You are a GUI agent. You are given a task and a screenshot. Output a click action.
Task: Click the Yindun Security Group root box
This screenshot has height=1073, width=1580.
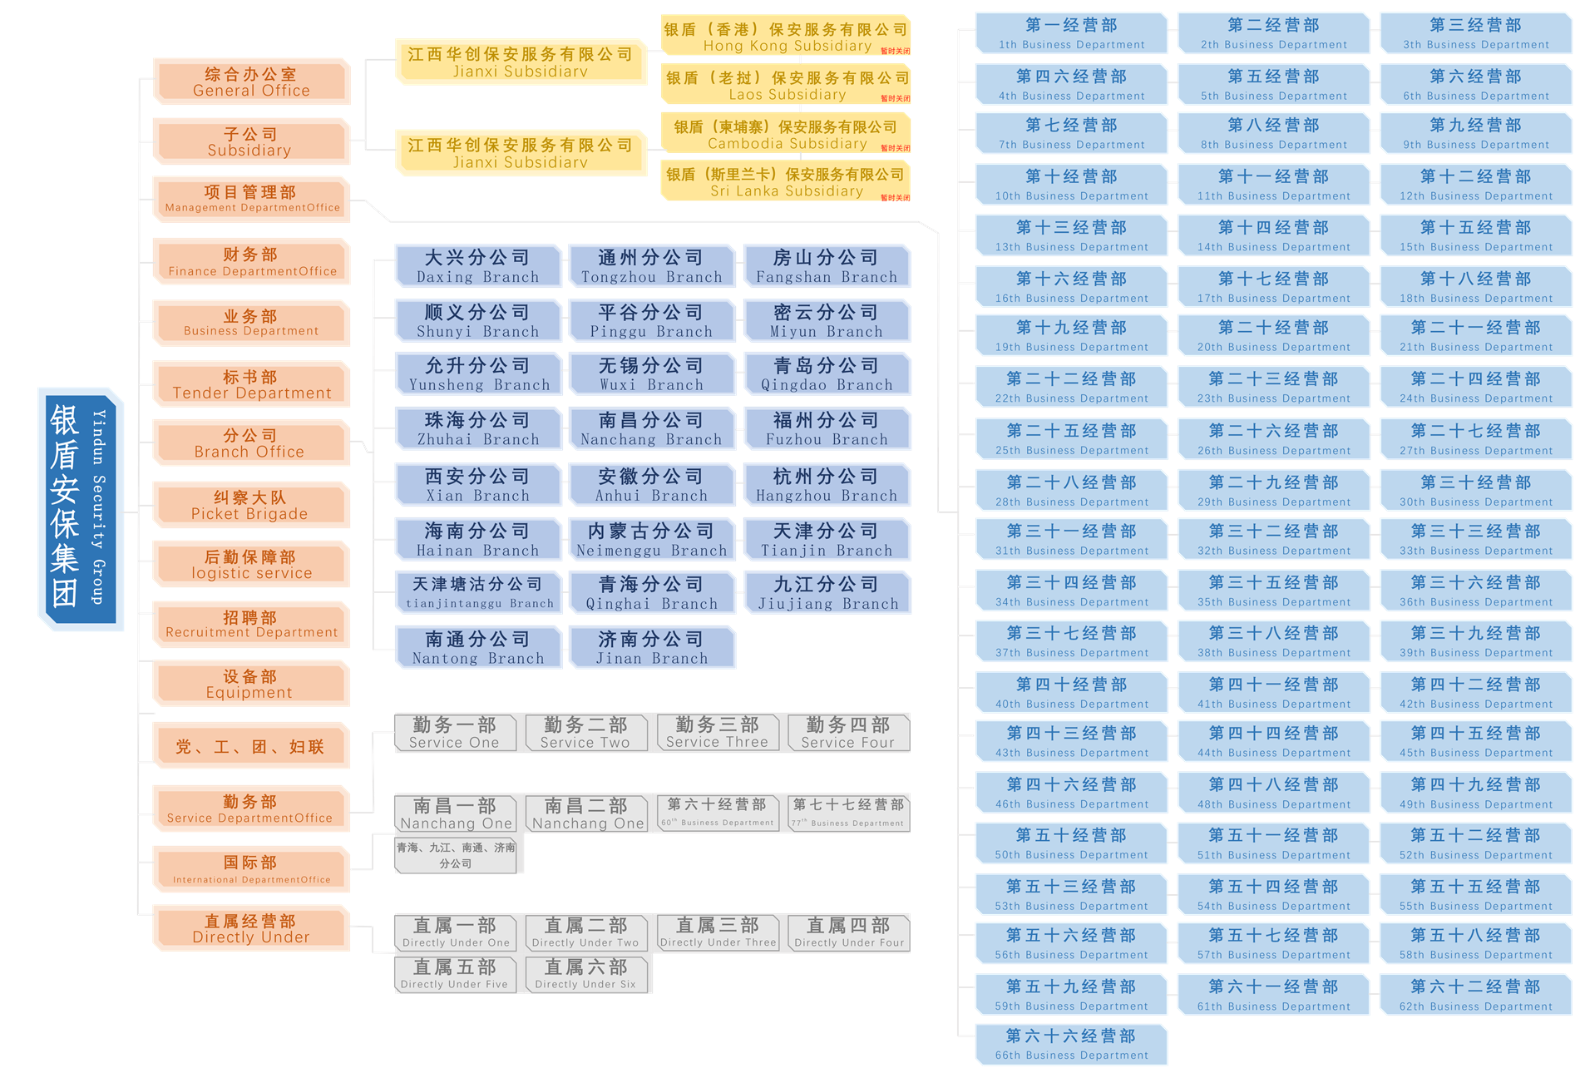click(x=81, y=508)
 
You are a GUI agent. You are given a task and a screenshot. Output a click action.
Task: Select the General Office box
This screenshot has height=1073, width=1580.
click(x=251, y=82)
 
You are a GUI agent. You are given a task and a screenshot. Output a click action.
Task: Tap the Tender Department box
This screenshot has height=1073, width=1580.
click(x=251, y=384)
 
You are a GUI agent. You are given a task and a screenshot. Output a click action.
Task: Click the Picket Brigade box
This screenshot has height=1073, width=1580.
click(x=251, y=505)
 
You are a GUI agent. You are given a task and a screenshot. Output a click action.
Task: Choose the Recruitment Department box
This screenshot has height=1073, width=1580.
click(x=251, y=625)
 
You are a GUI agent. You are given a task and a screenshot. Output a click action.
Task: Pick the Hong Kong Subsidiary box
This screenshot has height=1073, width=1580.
click(x=785, y=37)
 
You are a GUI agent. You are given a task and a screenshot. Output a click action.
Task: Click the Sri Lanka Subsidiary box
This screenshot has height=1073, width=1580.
click(x=785, y=182)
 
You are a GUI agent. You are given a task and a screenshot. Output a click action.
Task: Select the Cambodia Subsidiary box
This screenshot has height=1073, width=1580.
click(x=785, y=134)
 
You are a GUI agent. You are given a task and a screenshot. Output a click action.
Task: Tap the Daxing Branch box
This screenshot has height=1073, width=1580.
click(x=478, y=266)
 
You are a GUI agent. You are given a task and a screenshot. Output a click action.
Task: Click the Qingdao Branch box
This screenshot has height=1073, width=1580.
click(x=827, y=374)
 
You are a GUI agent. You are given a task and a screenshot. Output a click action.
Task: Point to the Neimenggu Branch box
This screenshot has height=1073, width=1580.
click(x=652, y=540)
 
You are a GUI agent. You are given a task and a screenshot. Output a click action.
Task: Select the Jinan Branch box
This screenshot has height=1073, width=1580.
click(x=652, y=648)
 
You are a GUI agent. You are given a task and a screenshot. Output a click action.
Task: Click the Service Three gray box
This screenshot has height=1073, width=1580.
click(x=717, y=733)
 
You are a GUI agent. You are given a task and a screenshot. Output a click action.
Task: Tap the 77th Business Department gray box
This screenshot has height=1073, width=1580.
click(x=848, y=813)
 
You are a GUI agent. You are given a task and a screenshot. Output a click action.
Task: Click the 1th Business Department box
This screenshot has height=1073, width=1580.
click(x=1071, y=34)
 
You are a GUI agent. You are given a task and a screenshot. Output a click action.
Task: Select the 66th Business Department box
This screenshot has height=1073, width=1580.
click(x=1071, y=1045)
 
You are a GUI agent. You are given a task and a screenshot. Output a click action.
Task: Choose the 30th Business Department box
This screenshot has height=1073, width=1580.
click(x=1475, y=491)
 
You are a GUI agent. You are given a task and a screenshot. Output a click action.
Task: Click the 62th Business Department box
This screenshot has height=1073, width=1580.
click(x=1475, y=995)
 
